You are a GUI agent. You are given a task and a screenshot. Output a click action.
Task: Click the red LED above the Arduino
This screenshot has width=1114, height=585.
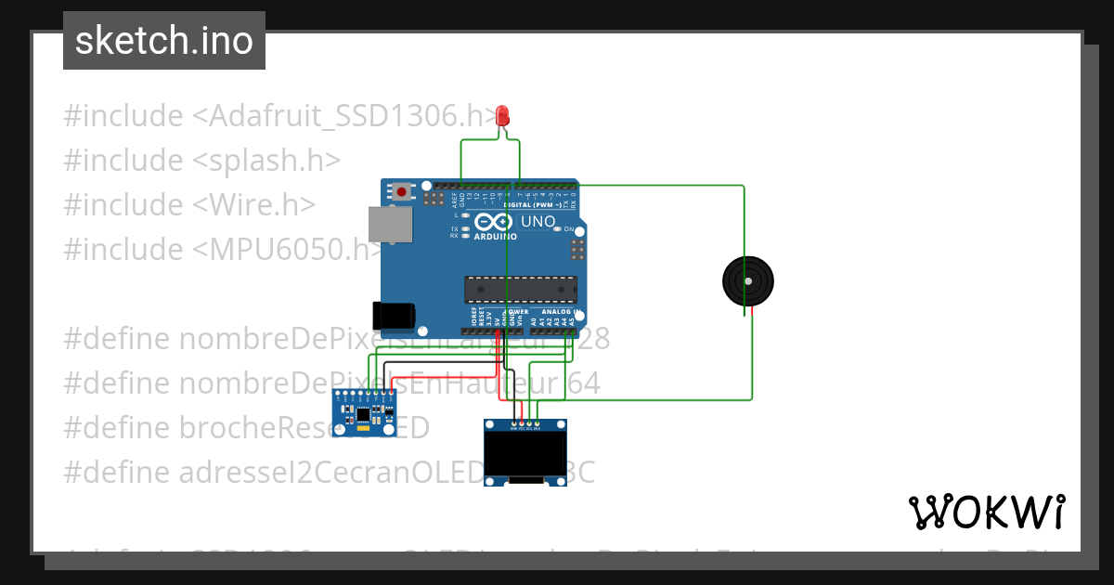click(503, 115)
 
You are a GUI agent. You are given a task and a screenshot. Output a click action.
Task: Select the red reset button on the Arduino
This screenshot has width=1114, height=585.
click(401, 192)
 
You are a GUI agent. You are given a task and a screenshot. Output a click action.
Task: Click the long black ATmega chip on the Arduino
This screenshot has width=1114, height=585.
click(520, 289)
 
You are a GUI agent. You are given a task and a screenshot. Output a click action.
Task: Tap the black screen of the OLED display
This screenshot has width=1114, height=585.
click(525, 454)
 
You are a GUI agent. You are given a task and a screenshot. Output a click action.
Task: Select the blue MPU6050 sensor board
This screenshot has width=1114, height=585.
click(365, 412)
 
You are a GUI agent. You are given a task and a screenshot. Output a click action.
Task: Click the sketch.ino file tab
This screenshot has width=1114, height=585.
click(163, 41)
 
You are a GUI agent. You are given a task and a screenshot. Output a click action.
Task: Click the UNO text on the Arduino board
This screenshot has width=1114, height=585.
click(538, 222)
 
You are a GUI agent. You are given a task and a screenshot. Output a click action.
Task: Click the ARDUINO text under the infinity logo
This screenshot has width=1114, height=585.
click(495, 236)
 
